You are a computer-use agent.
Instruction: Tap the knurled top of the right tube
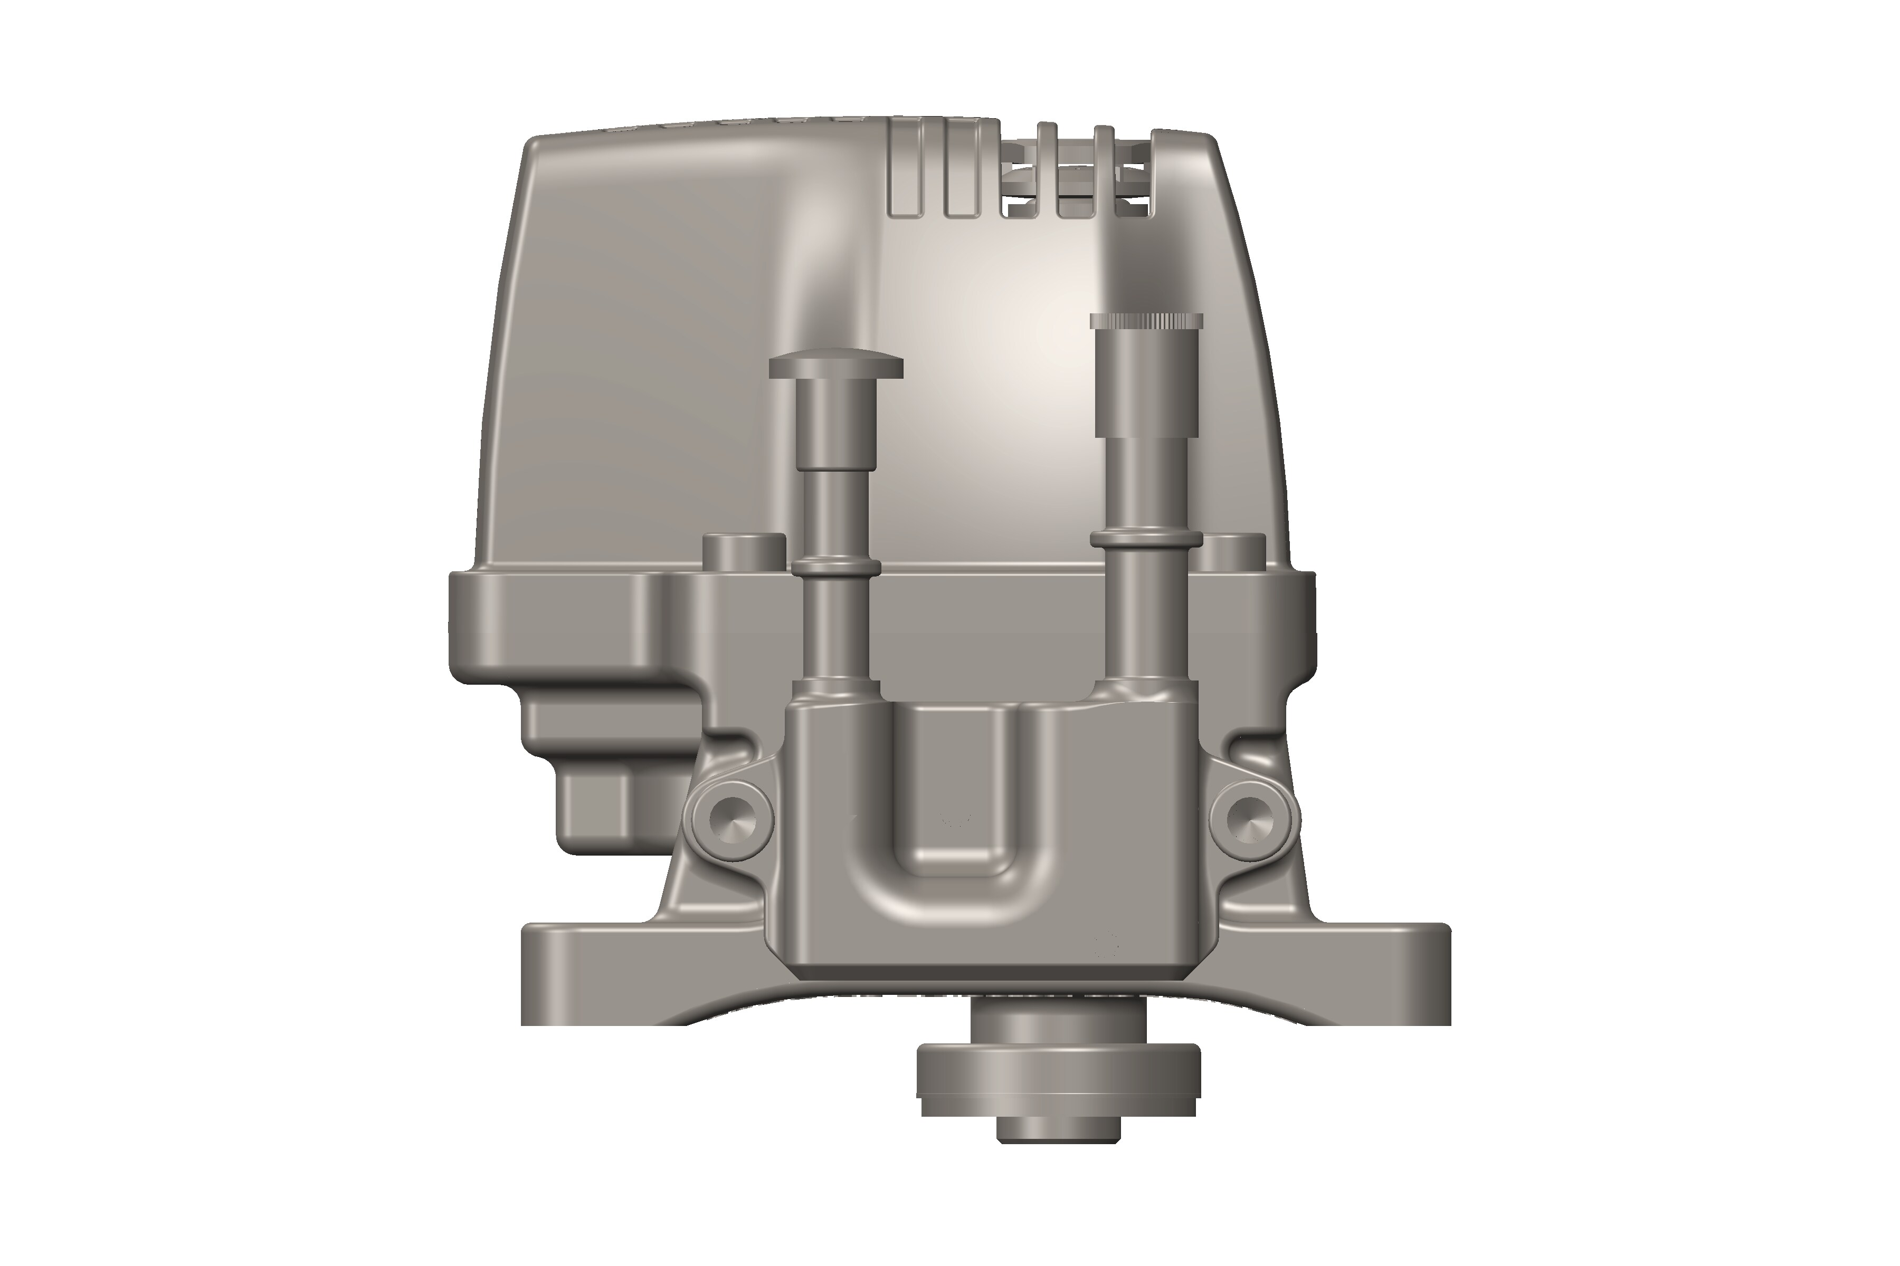coord(1145,321)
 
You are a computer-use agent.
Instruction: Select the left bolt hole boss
coord(729,819)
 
